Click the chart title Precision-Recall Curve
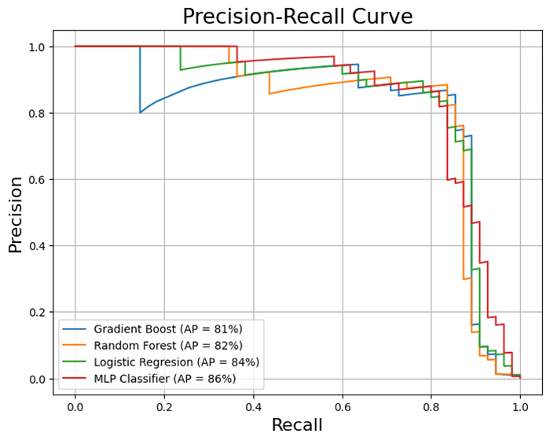coord(297,17)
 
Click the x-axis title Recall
coord(297,425)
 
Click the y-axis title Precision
coord(16,214)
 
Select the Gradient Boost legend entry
coord(167,329)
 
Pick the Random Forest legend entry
coord(168,346)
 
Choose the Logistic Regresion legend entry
coord(176,362)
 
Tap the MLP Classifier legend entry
coord(164,379)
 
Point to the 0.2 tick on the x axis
coord(164,406)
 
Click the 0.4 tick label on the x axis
coord(253,406)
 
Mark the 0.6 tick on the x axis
coord(342,406)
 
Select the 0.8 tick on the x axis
coord(431,406)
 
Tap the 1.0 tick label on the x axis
coord(519,406)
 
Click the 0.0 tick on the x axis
coord(75,406)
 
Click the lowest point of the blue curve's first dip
coord(141,112)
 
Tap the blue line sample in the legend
coord(75,329)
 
